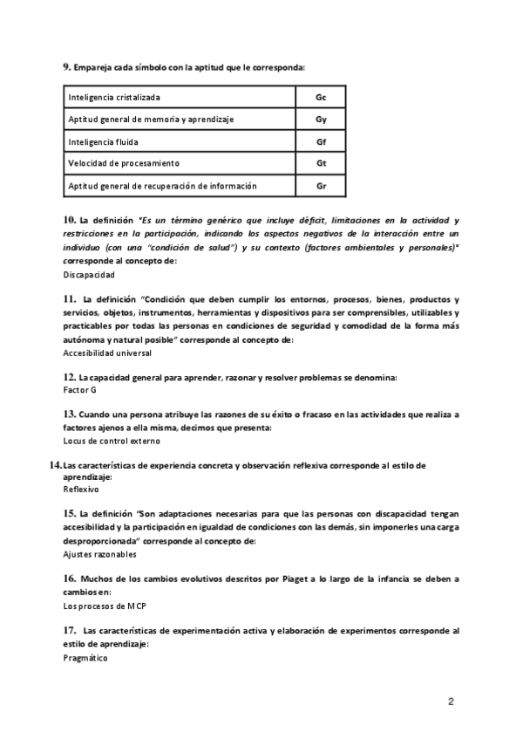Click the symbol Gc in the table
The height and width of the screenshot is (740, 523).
[x=321, y=97]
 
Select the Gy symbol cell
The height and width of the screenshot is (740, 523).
[x=321, y=119]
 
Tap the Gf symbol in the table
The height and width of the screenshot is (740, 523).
[x=321, y=141]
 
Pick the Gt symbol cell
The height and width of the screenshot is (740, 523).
[x=321, y=163]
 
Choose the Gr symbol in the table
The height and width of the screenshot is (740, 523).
[x=321, y=186]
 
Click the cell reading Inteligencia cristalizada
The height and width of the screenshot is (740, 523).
[x=114, y=97]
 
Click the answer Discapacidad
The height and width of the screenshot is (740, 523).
[x=89, y=274]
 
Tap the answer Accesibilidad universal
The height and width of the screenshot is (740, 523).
[x=107, y=353]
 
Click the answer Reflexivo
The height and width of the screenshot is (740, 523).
[x=81, y=490]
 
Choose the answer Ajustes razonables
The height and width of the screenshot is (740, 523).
[x=100, y=554]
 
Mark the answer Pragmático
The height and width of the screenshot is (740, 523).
[x=85, y=658]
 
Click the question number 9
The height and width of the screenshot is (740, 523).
[x=66, y=67]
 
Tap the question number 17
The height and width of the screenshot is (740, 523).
[x=70, y=629]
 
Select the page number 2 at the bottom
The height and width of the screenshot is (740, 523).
[x=451, y=701]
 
